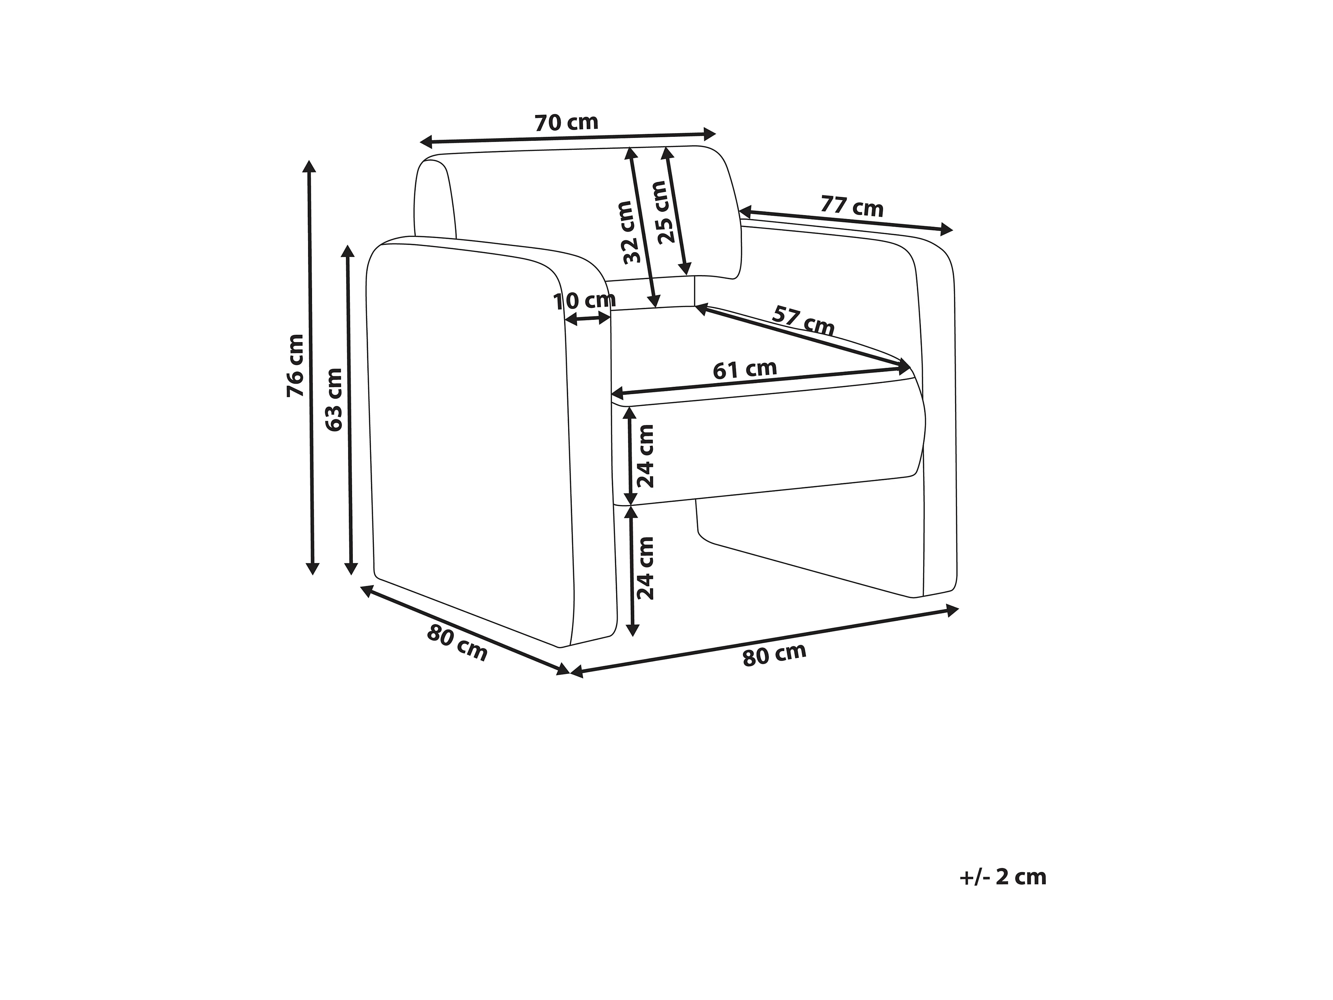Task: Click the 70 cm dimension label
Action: point(566,123)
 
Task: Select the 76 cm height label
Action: point(295,365)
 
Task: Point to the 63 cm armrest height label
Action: point(333,399)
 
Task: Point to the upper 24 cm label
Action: point(646,456)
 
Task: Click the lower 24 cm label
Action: point(646,568)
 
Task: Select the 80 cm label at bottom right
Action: point(774,655)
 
